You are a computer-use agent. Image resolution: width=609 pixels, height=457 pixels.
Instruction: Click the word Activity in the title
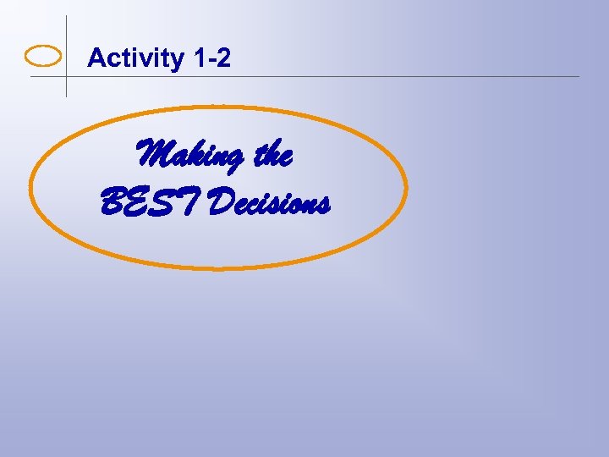point(135,58)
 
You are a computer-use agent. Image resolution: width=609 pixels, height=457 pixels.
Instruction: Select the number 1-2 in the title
point(211,58)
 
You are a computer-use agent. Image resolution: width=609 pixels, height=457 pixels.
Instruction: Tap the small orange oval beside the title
point(44,57)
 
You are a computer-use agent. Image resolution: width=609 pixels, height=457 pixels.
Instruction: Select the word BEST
point(150,201)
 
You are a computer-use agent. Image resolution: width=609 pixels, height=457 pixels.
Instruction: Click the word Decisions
point(267,202)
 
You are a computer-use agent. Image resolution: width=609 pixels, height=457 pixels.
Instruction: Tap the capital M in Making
point(155,155)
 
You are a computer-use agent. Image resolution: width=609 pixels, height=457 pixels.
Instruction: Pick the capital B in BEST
point(112,201)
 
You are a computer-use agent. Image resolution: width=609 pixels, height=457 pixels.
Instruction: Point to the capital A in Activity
point(96,58)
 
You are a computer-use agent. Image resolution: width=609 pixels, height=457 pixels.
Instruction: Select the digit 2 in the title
point(222,58)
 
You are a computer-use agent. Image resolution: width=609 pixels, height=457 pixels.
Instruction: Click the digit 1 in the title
point(199,58)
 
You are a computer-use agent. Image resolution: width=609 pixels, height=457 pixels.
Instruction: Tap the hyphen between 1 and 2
point(211,60)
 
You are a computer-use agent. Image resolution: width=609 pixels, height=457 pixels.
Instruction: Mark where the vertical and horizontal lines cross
point(66,76)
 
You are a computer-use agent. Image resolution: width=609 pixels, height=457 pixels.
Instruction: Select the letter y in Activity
point(177,61)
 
